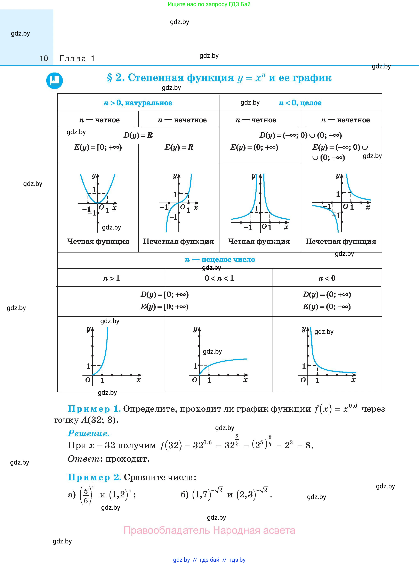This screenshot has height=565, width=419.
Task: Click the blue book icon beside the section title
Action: pyautogui.click(x=54, y=81)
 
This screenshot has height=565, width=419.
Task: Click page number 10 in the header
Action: pyautogui.click(x=44, y=59)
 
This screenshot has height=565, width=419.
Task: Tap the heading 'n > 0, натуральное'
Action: pyautogui.click(x=138, y=103)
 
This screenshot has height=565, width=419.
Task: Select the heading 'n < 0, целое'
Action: pyautogui.click(x=300, y=103)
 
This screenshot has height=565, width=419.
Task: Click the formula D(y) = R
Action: pyautogui.click(x=138, y=135)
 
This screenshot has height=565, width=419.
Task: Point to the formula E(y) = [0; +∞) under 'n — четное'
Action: pyautogui.click(x=98, y=147)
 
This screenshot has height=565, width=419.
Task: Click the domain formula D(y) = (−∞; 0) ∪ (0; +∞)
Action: pyautogui.click(x=300, y=135)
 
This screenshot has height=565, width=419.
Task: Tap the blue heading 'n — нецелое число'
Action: pyautogui.click(x=220, y=260)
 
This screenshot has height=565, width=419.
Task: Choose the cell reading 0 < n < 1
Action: pyautogui.click(x=219, y=278)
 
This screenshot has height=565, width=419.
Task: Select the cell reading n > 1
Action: pyautogui.click(x=111, y=278)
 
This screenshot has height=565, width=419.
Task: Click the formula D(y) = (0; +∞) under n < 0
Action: pyautogui.click(x=327, y=294)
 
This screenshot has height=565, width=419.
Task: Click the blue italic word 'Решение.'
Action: pyautogui.click(x=89, y=433)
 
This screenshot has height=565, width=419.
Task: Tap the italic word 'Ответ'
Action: pyautogui.click(x=84, y=459)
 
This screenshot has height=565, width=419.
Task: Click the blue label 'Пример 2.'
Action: pyautogui.click(x=95, y=477)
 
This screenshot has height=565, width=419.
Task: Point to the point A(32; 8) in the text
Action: pyautogui.click(x=99, y=420)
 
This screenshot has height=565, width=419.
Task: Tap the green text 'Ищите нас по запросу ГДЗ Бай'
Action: pyautogui.click(x=209, y=4)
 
